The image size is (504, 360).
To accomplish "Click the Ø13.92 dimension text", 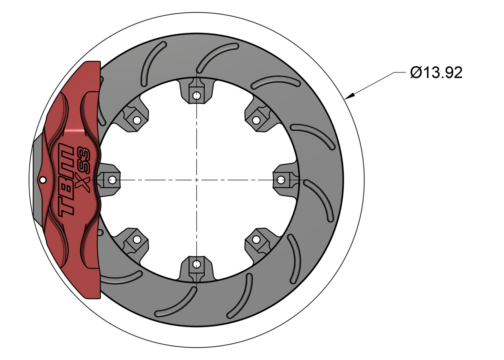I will [436, 73].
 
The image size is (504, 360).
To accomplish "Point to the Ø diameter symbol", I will [416, 73].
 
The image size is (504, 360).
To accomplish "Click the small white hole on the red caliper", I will [43, 180].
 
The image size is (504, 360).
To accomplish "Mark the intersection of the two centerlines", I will [197, 180].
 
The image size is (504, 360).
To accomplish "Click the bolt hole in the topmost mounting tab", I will [197, 95].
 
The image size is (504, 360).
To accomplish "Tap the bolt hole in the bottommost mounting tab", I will [197, 264].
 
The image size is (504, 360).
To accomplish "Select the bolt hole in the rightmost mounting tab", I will [281, 180].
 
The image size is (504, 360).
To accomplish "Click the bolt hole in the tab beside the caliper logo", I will [112, 180].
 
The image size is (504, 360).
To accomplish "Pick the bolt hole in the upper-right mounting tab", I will [256, 120].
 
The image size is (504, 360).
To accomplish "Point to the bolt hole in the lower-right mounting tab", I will [256, 240].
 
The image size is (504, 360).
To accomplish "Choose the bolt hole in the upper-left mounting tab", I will [137, 120].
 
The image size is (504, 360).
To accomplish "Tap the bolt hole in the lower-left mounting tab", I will [137, 240].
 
